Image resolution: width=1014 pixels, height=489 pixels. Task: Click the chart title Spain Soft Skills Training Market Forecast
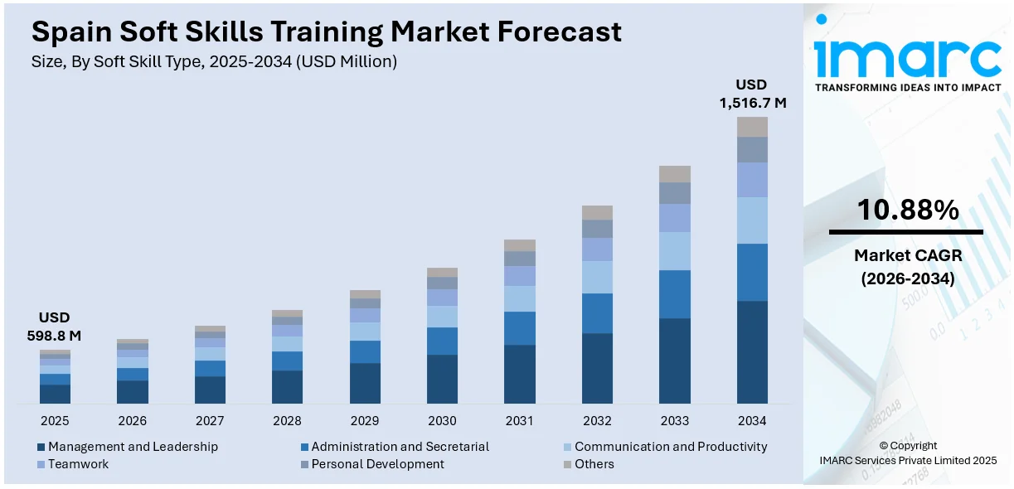tap(326, 32)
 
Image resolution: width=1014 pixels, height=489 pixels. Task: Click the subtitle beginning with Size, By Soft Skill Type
tap(215, 61)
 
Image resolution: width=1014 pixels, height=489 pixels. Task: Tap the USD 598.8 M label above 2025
tap(55, 327)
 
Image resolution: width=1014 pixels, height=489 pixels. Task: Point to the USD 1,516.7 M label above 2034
tap(751, 94)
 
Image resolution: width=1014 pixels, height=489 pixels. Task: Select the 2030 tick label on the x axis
tap(442, 421)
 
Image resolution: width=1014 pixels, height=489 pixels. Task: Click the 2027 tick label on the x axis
tap(210, 421)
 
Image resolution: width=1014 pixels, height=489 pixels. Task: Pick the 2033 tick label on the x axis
tap(675, 421)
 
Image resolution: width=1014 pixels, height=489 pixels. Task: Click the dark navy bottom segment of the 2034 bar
tap(752, 352)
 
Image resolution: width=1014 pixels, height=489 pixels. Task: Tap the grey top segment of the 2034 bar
tap(752, 127)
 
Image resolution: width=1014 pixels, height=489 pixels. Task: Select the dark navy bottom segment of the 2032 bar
tap(597, 368)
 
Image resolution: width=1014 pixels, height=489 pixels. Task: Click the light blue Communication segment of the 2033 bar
tap(675, 251)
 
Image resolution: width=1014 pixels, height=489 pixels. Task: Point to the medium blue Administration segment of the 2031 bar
tap(520, 328)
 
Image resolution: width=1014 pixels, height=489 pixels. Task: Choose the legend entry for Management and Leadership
tap(133, 447)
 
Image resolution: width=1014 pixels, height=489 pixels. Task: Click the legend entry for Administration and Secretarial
tap(400, 447)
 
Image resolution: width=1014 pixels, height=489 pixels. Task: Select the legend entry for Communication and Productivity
tap(670, 447)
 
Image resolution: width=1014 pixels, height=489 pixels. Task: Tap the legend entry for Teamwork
tap(78, 464)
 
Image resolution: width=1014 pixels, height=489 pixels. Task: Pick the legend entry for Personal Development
tap(377, 464)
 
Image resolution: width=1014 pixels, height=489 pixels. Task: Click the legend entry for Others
tap(594, 464)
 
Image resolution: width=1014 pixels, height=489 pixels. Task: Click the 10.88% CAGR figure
tap(907, 211)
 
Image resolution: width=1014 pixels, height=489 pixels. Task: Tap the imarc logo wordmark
tap(907, 56)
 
